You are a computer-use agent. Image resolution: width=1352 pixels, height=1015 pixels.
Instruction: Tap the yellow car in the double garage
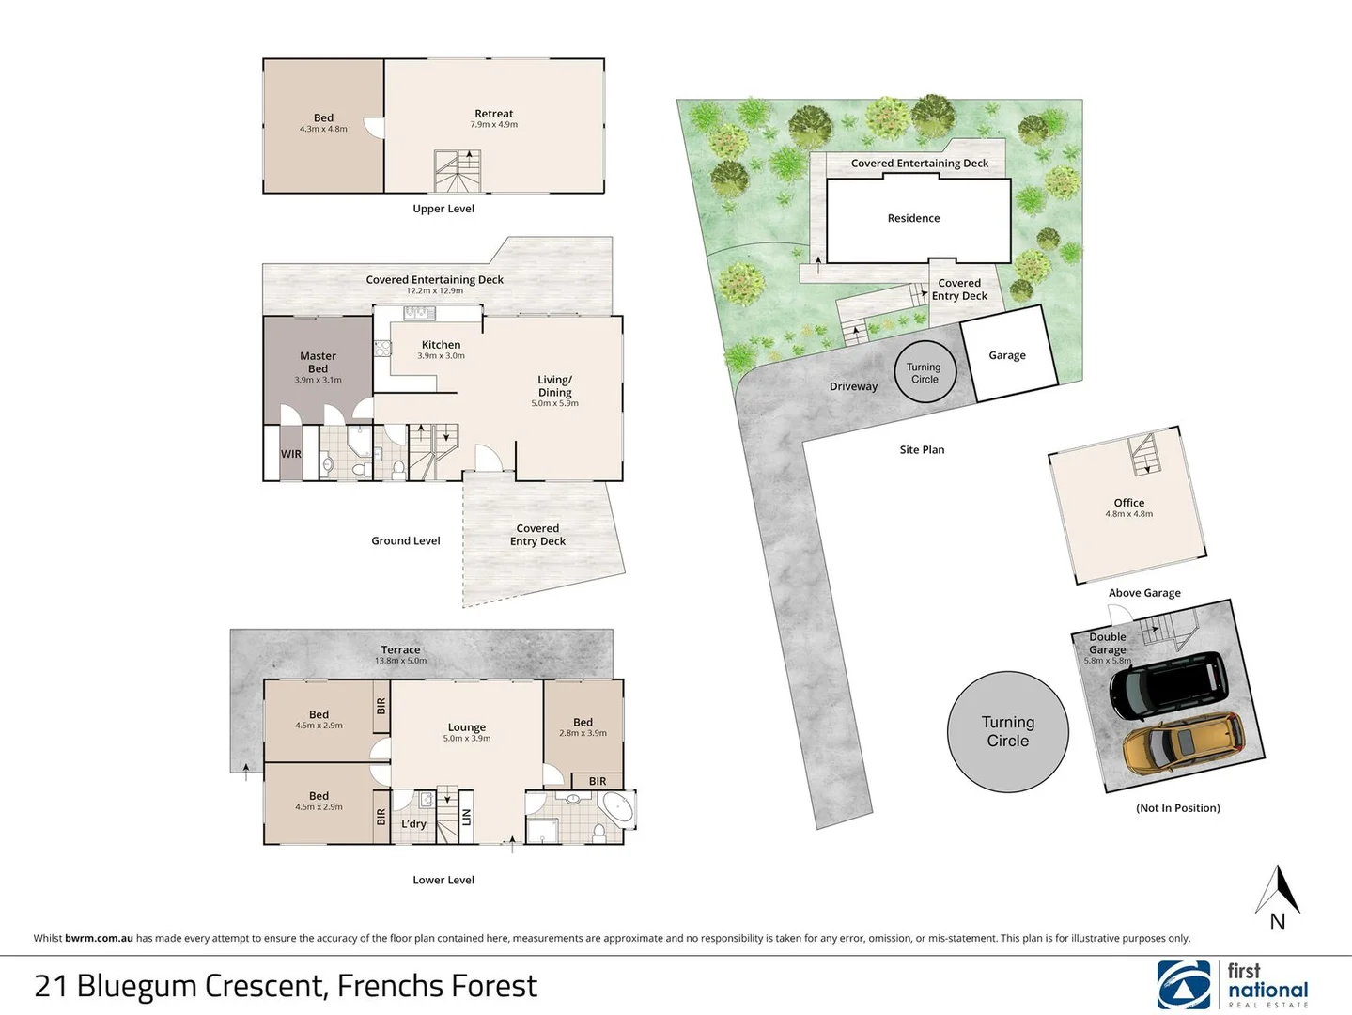(x=1184, y=743)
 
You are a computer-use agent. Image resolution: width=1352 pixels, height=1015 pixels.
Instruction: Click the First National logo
(x=1232, y=984)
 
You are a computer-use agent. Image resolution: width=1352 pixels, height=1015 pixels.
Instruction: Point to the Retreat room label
(x=493, y=114)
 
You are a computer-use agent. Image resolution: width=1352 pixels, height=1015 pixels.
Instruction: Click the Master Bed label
(x=318, y=362)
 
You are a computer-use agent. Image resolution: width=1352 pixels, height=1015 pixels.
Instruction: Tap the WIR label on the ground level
(x=291, y=454)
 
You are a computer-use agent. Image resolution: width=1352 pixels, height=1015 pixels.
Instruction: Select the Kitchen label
(x=441, y=345)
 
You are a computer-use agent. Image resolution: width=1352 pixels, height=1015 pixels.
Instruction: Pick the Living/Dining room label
(x=554, y=386)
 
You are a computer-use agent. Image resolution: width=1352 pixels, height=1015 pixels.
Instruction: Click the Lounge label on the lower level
(x=466, y=727)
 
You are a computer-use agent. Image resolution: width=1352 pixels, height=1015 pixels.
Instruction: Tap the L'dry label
(x=413, y=824)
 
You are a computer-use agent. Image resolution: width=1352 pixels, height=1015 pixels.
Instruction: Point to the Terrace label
(x=400, y=649)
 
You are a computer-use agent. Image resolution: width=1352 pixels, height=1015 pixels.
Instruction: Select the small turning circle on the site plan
(x=925, y=373)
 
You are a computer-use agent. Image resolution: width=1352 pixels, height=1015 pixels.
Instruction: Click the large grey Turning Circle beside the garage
(x=1007, y=731)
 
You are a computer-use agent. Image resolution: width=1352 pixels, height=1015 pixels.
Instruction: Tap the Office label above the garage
(x=1128, y=503)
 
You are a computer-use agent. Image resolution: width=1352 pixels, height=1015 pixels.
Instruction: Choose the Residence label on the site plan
(x=913, y=218)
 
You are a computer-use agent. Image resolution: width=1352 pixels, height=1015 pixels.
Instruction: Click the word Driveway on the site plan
(x=853, y=386)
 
